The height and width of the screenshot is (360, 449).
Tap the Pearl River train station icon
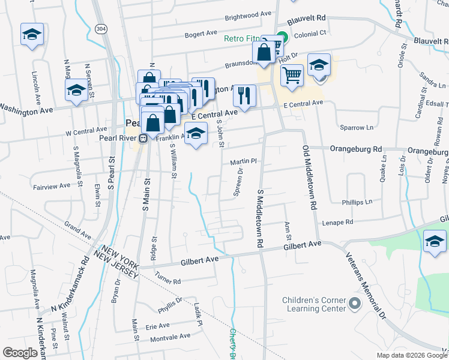143,139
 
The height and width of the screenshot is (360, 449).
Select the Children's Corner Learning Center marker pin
354,304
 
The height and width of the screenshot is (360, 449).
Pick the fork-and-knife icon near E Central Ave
244,96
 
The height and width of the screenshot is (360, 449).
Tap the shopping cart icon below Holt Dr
292,76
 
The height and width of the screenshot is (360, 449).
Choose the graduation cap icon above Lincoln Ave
32,35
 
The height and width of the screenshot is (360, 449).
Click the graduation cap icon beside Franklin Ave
195,135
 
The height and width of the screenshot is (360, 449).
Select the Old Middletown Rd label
310,178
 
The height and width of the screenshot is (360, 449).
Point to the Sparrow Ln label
357,128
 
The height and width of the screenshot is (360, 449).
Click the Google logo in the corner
20,353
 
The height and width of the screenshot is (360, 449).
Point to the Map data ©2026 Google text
411,355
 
